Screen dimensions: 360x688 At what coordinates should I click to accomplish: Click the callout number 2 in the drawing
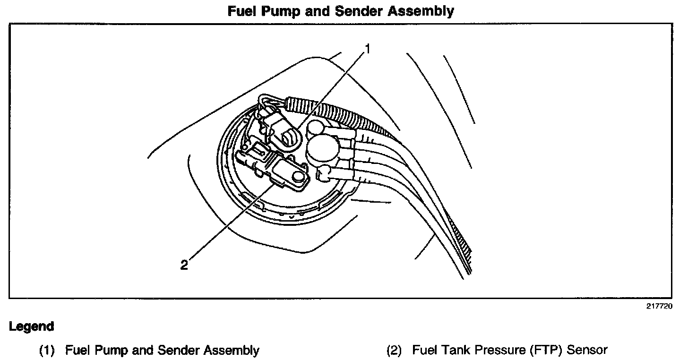(x=184, y=265)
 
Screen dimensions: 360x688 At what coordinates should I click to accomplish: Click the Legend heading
(x=31, y=326)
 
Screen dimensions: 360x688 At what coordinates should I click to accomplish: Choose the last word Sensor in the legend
(x=587, y=351)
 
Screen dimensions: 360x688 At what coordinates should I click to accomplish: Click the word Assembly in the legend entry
(x=232, y=351)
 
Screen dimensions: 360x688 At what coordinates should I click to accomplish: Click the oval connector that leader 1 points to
(x=289, y=139)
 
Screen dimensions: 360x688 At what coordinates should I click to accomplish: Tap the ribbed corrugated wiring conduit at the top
(x=331, y=111)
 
